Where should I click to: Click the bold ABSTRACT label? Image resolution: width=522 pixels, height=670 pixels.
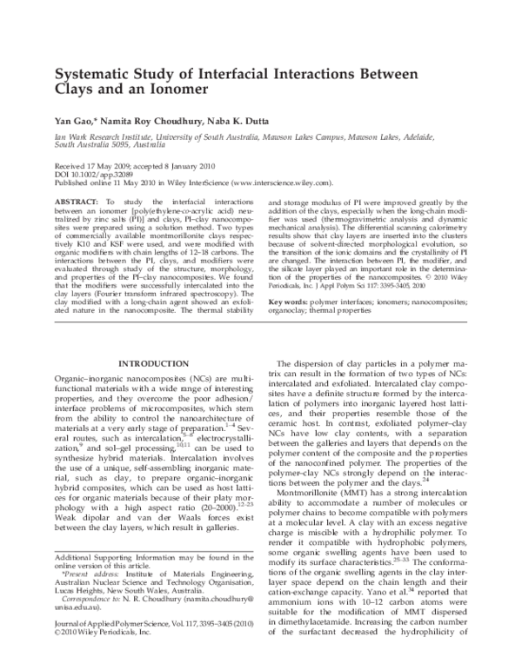point(74,201)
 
